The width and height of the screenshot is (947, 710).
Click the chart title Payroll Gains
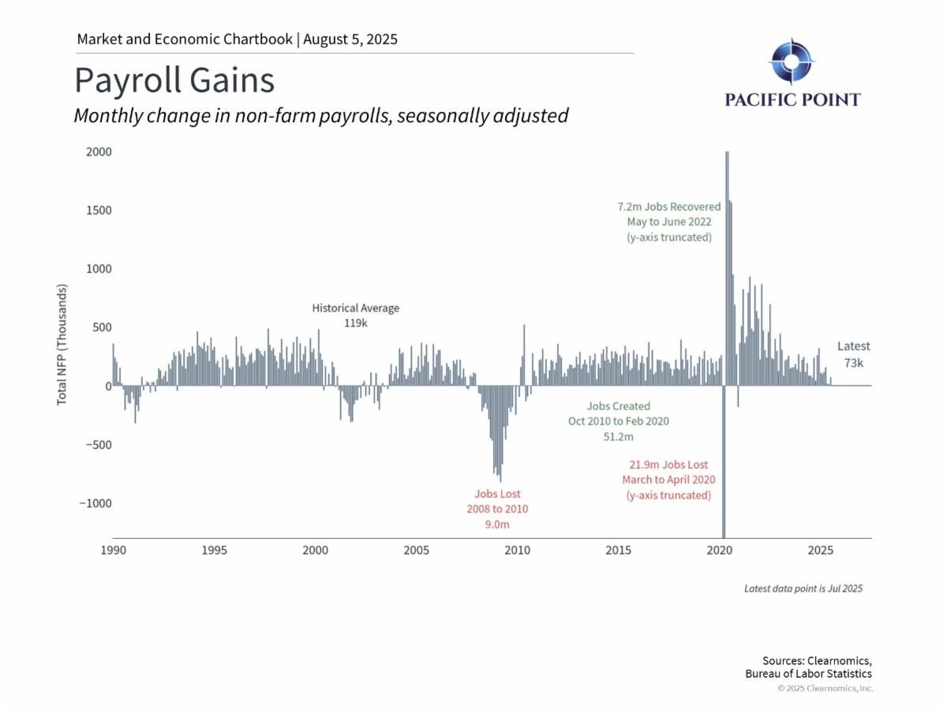pos(174,81)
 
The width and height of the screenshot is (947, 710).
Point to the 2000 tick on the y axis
pos(99,152)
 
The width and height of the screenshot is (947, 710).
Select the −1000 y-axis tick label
pos(95,503)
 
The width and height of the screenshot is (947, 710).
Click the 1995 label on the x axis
pos(214,550)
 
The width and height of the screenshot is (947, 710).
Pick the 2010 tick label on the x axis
pos(518,550)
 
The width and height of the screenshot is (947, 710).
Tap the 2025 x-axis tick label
pos(821,550)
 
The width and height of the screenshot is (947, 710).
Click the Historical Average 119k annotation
pos(356,316)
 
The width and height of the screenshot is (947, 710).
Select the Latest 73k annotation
pos(853,354)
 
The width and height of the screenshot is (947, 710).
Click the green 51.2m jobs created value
pos(618,436)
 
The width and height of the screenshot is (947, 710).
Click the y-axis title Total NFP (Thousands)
pos(62,346)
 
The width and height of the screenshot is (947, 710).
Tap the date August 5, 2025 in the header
pos(350,39)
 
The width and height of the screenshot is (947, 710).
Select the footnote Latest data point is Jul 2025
pos(803,589)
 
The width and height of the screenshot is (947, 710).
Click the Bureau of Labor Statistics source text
pos(808,674)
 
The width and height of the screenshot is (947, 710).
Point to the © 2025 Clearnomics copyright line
pos(825,689)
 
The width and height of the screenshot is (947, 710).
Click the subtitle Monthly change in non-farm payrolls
pos(321,115)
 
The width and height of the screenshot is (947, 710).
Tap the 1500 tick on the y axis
pos(99,211)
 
